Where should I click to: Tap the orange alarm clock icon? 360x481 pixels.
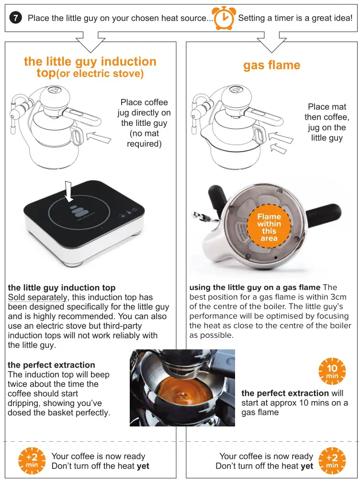[224, 18]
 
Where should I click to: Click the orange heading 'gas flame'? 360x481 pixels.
[271, 66]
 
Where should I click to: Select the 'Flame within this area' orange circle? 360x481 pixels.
[269, 227]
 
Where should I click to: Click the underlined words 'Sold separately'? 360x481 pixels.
[38, 297]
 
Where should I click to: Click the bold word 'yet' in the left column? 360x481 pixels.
[143, 466]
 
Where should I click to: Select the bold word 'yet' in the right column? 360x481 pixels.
[307, 466]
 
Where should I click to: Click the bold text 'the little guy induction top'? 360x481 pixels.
[61, 288]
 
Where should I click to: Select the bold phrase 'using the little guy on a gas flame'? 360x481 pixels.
[255, 288]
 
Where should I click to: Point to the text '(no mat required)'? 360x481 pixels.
[144, 139]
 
